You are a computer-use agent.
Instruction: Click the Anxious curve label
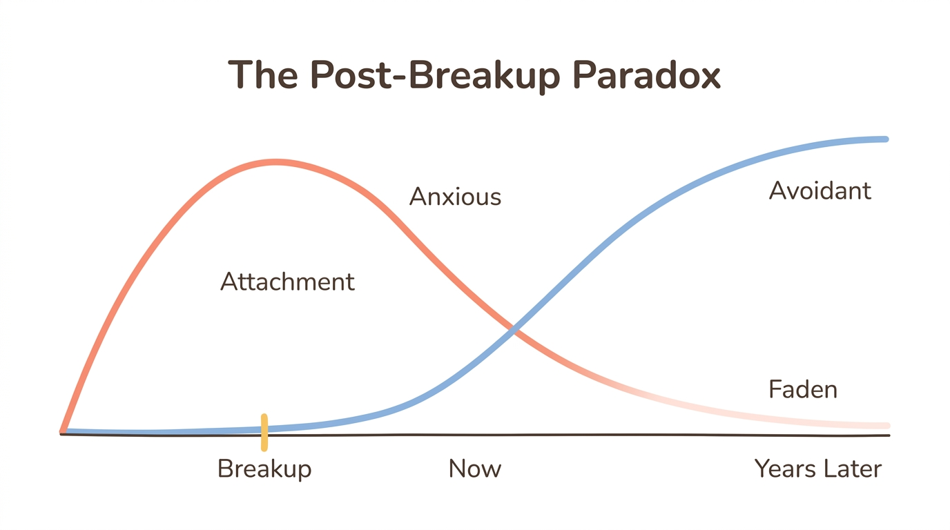(455, 197)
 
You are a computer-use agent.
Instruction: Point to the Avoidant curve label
(820, 190)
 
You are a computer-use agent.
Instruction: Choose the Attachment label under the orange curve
(287, 282)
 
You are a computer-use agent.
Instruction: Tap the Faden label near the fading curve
(802, 390)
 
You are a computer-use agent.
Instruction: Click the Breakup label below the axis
(264, 469)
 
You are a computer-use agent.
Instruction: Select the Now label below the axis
(474, 469)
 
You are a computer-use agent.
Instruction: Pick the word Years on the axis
(784, 469)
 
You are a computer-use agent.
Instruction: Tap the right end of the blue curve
(885, 139)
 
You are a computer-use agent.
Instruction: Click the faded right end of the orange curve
(886, 425)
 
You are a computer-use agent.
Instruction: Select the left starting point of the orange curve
(63, 431)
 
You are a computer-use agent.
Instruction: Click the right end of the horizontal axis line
(889, 435)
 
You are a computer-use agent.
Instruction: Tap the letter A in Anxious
(417, 197)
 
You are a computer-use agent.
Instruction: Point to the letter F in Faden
(775, 390)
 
